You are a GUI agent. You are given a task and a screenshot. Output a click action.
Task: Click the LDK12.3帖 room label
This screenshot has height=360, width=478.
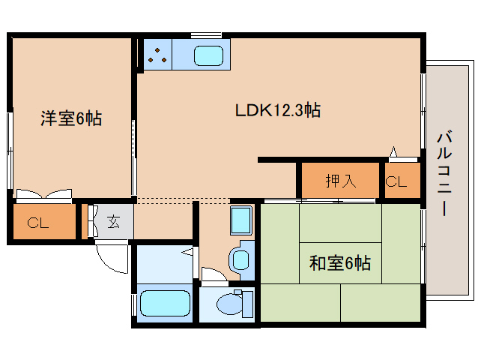278,110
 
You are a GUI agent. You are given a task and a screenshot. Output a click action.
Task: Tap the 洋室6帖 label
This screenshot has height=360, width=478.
71,118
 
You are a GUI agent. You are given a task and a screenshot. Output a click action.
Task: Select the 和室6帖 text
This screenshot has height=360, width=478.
340,263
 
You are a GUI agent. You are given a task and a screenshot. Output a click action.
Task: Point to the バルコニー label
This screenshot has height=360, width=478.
445,173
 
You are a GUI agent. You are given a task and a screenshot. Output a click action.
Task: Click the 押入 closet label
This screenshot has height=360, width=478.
341,181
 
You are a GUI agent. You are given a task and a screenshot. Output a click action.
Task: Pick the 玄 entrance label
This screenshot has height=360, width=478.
113,222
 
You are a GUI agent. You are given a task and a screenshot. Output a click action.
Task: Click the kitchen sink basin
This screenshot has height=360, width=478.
208,55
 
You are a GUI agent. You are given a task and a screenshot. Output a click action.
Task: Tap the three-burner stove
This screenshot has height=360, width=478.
157,54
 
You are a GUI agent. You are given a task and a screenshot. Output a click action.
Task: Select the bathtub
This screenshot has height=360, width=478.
165,303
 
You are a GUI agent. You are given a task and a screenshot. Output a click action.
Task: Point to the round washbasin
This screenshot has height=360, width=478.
240,260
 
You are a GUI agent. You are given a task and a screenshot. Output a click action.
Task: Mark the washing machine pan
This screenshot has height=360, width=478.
241,220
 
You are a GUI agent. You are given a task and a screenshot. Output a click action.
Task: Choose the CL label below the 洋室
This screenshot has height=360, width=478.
37,223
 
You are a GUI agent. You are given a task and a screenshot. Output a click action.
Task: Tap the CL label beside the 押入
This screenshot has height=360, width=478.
396,181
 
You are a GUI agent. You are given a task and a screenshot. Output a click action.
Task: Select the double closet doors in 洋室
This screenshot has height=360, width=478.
44,194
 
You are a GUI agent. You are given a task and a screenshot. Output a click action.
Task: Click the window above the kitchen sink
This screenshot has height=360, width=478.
206,34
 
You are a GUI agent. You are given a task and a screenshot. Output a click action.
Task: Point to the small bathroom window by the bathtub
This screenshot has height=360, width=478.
133,305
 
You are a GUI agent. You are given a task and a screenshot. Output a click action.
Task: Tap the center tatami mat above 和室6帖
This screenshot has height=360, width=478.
340,223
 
